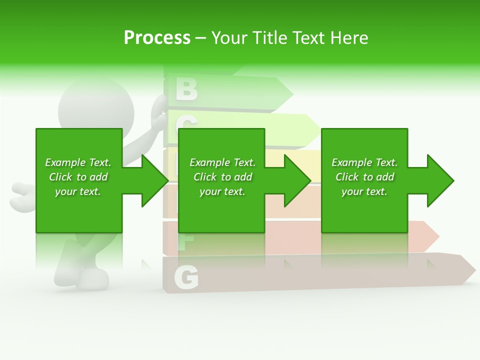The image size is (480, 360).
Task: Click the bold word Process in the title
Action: point(157,38)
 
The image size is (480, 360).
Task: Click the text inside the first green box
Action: point(78,177)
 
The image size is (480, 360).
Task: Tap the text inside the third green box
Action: point(364,177)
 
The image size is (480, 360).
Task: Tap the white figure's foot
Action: point(93,279)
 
